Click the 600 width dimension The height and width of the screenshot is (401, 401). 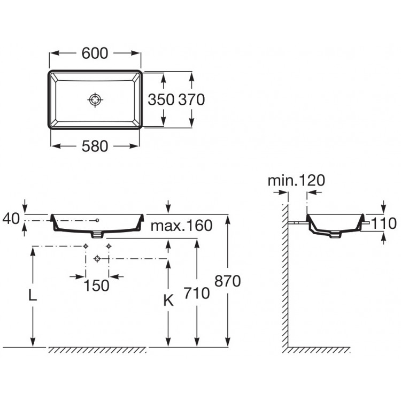point(96,53)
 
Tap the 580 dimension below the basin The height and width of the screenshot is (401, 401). point(96,145)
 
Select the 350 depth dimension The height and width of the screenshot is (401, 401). point(161,99)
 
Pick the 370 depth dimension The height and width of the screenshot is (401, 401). point(191,99)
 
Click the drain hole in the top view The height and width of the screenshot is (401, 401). point(95,99)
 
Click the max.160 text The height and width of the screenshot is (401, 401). point(181,225)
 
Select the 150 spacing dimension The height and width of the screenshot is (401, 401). point(97,285)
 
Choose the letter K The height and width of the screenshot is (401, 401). point(168,300)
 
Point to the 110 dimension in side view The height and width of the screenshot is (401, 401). point(385,223)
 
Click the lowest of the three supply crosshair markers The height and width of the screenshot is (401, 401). point(97,259)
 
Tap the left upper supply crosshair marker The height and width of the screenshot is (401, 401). point(86,246)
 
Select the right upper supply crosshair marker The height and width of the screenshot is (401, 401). point(109,246)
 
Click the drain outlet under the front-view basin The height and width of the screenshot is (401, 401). point(97,234)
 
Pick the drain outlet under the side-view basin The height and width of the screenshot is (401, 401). point(335,235)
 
